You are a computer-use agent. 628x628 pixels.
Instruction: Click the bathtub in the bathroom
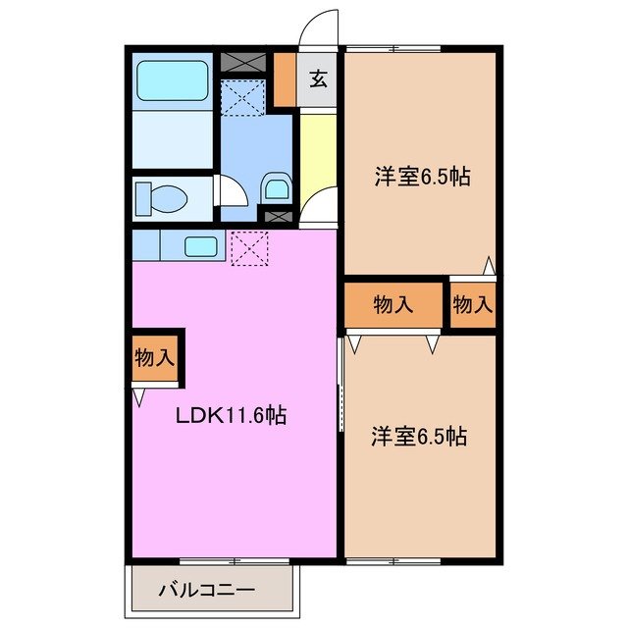click(x=172, y=80)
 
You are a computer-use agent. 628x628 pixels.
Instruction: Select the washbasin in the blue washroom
click(x=277, y=185)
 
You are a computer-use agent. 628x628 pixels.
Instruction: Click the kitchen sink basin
click(x=201, y=246)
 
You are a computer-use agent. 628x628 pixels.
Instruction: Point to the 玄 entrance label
click(x=319, y=80)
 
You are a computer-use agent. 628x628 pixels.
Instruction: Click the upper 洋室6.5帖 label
click(x=420, y=178)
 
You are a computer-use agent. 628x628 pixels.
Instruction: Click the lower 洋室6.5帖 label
click(x=418, y=437)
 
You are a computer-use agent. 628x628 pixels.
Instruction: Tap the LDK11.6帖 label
click(x=231, y=415)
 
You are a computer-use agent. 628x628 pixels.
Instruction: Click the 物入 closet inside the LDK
click(x=154, y=359)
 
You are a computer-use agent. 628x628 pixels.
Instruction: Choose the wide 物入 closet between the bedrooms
click(x=393, y=305)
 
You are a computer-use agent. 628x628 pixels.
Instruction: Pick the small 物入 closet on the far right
click(x=473, y=305)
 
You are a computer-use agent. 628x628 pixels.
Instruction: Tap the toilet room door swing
click(x=230, y=190)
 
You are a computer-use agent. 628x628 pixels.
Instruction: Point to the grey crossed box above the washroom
click(x=244, y=62)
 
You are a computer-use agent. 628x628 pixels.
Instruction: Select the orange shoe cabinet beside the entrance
click(x=285, y=78)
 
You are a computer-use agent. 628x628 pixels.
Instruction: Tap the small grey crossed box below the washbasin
click(x=277, y=213)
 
